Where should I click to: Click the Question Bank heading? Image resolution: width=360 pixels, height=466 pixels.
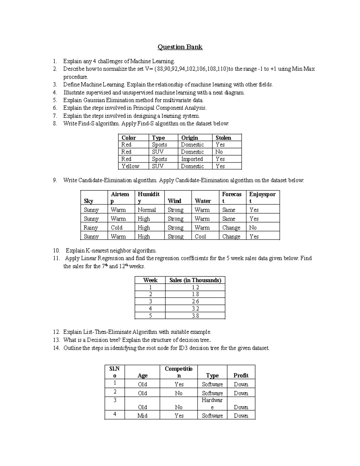180,47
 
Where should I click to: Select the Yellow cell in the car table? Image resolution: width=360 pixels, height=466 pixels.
130,166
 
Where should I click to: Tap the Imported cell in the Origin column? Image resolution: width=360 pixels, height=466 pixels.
192,159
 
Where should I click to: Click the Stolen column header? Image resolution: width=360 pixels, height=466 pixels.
223,138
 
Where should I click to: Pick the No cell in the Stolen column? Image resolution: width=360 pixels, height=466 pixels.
219,152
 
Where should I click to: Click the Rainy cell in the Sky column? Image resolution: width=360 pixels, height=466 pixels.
91,228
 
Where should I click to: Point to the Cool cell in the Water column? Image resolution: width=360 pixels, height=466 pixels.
200,236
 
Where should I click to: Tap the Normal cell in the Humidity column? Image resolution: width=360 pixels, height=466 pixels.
147,210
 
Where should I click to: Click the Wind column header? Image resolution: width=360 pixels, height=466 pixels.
174,201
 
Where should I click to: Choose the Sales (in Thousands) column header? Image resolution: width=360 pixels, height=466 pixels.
195,280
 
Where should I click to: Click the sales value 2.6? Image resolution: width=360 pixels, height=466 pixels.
195,302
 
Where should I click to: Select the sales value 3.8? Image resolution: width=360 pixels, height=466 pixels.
195,316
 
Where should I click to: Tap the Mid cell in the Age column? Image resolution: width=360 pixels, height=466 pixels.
142,416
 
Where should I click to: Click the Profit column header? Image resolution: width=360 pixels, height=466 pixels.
241,375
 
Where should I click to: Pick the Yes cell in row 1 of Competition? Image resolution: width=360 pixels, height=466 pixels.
179,384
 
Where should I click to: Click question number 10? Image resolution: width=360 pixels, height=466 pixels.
56,251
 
